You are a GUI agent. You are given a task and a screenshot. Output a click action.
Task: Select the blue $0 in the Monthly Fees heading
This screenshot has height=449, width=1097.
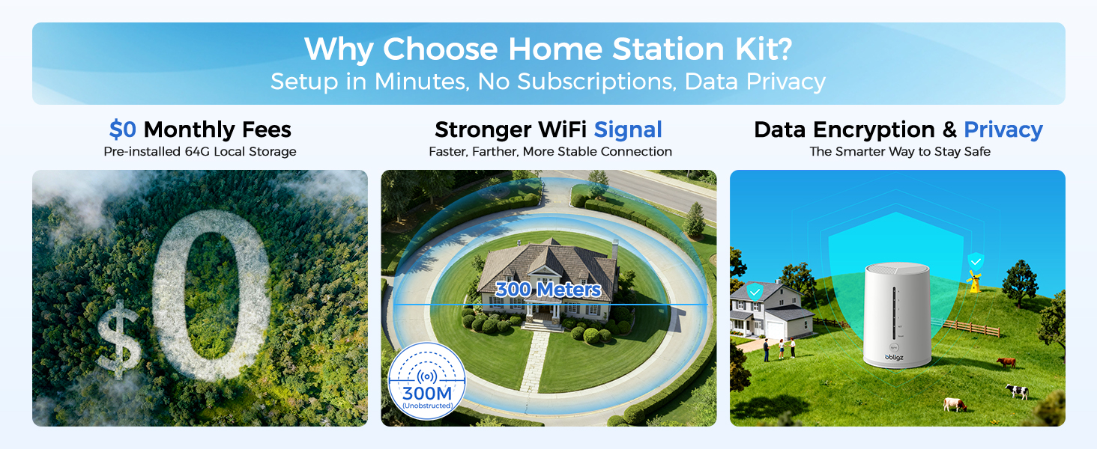(x=122, y=129)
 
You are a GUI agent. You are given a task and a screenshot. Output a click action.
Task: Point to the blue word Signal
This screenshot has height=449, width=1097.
(x=628, y=129)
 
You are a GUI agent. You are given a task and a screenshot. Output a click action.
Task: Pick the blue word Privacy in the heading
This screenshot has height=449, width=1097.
(x=1003, y=129)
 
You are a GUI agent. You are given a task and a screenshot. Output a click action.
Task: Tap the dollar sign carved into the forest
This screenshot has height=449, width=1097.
(x=119, y=338)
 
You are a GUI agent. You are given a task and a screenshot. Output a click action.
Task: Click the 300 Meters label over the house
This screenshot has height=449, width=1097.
(x=548, y=290)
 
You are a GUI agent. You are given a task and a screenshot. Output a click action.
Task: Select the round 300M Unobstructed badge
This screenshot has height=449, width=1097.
(x=426, y=381)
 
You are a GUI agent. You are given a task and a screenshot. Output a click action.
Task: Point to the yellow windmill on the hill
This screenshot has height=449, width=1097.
(x=975, y=282)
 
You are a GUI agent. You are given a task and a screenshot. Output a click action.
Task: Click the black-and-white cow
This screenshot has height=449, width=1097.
(x=1017, y=391)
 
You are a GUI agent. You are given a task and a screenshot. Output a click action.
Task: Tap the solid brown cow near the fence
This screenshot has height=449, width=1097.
(x=1006, y=362)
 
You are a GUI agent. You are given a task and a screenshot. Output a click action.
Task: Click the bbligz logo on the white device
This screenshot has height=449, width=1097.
(x=894, y=358)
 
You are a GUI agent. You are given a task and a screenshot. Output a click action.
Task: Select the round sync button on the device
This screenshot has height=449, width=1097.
(x=894, y=347)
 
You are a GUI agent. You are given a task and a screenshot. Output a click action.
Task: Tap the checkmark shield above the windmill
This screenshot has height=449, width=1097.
(x=976, y=262)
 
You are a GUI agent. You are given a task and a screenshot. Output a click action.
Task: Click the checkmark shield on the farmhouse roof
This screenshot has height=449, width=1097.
(x=755, y=292)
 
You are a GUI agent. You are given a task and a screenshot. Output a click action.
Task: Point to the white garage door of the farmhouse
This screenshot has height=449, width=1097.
(x=776, y=330)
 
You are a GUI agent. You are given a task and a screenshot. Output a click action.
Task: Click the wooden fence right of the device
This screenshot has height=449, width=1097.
(x=972, y=329)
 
